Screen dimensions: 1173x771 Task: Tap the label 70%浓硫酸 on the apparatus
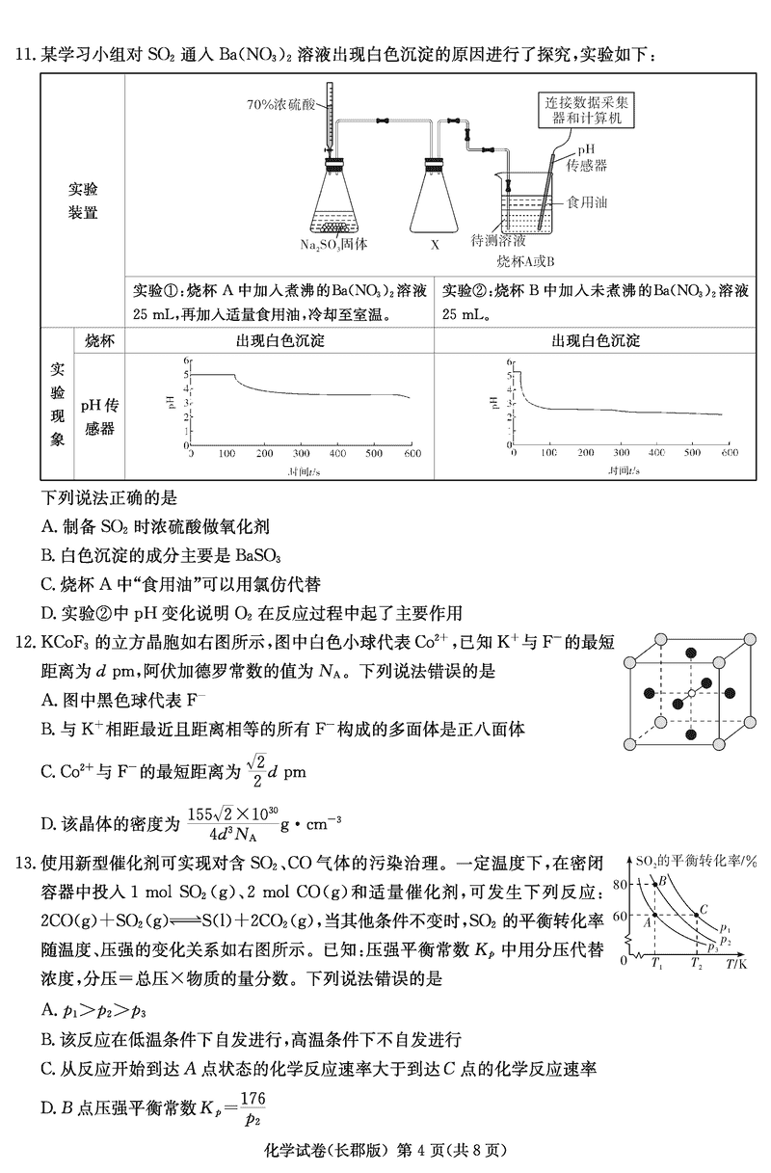[x=279, y=102]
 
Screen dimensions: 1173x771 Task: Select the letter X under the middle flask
[x=435, y=245]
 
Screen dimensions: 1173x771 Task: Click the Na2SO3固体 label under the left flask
[x=333, y=244]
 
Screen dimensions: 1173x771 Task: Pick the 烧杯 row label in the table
[x=99, y=341]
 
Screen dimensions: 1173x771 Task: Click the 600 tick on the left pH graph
[x=412, y=453]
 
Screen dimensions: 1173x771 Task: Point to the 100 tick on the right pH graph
[x=549, y=453]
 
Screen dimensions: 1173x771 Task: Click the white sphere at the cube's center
[x=690, y=693]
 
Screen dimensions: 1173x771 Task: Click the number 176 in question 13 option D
[x=253, y=1099]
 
